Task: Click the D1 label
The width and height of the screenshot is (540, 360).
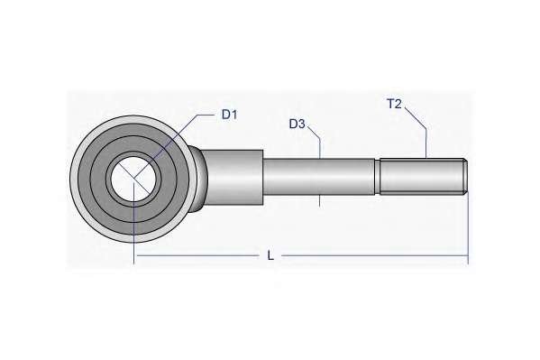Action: [229, 115]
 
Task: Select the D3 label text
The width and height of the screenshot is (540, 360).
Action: [297, 124]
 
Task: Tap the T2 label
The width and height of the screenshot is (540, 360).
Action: [395, 104]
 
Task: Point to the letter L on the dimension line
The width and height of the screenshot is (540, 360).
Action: [270, 256]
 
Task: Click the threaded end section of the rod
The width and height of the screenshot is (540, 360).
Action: [421, 177]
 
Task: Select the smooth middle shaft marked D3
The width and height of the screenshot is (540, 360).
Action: [319, 177]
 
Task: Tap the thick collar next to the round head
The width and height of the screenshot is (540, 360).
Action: [234, 177]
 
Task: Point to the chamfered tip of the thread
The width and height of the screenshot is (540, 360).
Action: [465, 177]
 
